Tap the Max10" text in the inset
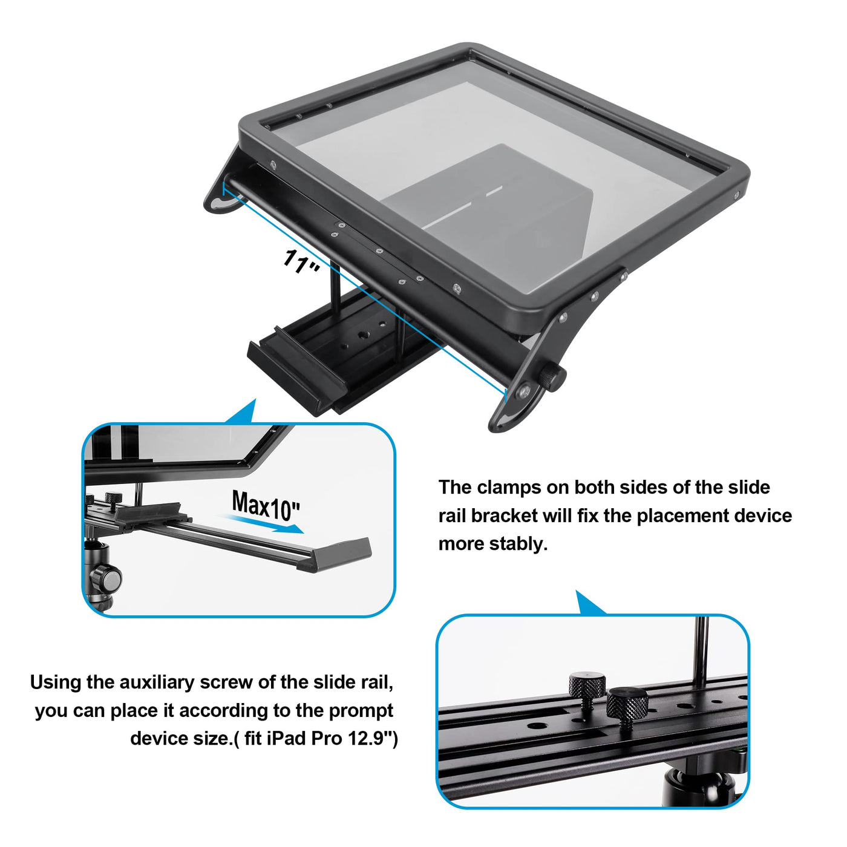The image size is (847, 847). click(x=266, y=506)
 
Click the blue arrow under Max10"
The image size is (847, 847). click(x=264, y=523)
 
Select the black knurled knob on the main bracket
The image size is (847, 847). click(x=552, y=377)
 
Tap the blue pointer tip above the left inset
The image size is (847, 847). click(x=254, y=399)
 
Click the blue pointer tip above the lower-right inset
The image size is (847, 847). click(x=577, y=592)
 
